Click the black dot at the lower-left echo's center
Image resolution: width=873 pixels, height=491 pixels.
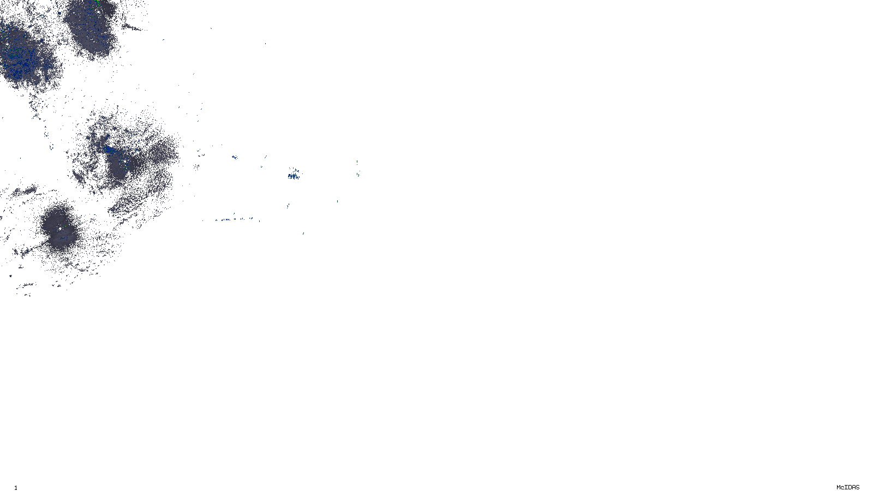[x=60, y=229]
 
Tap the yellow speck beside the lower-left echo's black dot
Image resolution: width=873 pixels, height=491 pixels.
[x=65, y=225]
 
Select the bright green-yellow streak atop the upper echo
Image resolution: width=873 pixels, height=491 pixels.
[x=97, y=3]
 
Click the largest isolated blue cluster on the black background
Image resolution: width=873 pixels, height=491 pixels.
[x=294, y=175]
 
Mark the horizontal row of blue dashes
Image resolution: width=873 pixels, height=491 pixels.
[x=235, y=219]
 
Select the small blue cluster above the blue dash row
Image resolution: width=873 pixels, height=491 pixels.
[x=234, y=157]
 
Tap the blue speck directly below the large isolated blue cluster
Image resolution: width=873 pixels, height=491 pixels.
[x=288, y=206]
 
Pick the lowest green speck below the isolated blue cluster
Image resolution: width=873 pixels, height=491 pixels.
[x=303, y=233]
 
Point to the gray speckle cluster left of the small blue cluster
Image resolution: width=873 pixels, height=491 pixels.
[x=200, y=154]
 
